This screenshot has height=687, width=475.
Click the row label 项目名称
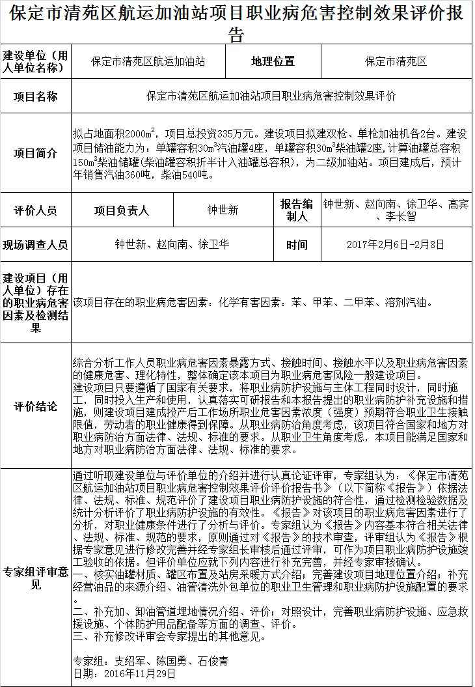coord(35,96)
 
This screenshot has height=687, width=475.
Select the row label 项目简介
coord(35,153)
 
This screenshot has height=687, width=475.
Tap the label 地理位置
coord(273,62)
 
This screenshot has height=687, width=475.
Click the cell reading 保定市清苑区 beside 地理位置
coord(396,62)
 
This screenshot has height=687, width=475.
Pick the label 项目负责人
coord(122,210)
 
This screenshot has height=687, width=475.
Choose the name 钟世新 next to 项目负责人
coord(223,210)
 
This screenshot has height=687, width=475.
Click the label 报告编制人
coord(297,210)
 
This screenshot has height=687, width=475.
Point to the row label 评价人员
coord(35,210)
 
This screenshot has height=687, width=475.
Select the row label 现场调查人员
coord(35,245)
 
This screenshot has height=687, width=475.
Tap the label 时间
coord(297,245)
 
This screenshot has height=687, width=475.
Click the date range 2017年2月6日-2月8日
coord(396,245)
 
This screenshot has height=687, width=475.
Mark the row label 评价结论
coord(35,406)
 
